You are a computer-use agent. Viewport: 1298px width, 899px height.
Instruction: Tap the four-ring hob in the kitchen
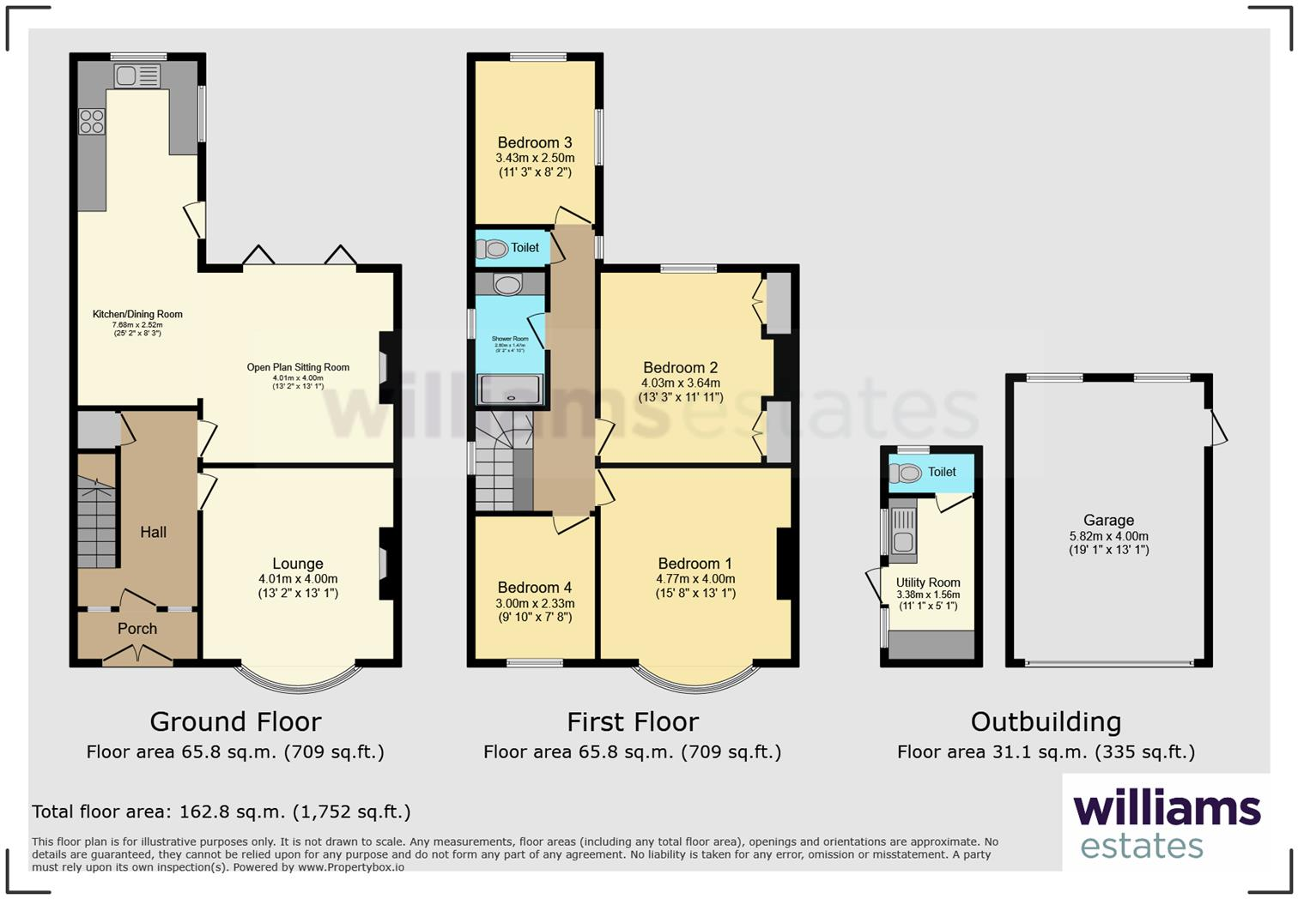92,122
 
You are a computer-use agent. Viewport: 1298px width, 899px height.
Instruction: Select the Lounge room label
298,564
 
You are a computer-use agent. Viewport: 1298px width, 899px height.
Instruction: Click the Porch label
137,629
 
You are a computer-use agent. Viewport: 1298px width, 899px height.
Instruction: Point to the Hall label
154,532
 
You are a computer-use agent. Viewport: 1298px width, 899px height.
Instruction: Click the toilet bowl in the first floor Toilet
493,249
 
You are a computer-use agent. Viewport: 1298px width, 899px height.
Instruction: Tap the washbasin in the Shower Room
508,285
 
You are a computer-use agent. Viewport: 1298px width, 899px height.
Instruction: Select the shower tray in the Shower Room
510,389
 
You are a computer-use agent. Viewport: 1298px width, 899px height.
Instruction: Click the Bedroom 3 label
535,142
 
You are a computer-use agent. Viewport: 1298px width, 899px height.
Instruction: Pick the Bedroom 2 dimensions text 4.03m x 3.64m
681,383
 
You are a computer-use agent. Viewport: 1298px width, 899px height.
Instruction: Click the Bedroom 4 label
534,588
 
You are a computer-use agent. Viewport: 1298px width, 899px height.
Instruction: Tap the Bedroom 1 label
695,564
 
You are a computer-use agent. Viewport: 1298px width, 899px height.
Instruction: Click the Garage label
1108,520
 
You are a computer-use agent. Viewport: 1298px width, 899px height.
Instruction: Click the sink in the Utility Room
902,541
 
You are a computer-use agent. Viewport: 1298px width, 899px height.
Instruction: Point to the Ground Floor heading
235,721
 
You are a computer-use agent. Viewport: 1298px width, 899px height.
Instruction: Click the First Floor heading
633,721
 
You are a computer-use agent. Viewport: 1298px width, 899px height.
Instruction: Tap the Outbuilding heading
1046,721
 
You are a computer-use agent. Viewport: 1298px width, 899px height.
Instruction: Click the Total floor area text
221,812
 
